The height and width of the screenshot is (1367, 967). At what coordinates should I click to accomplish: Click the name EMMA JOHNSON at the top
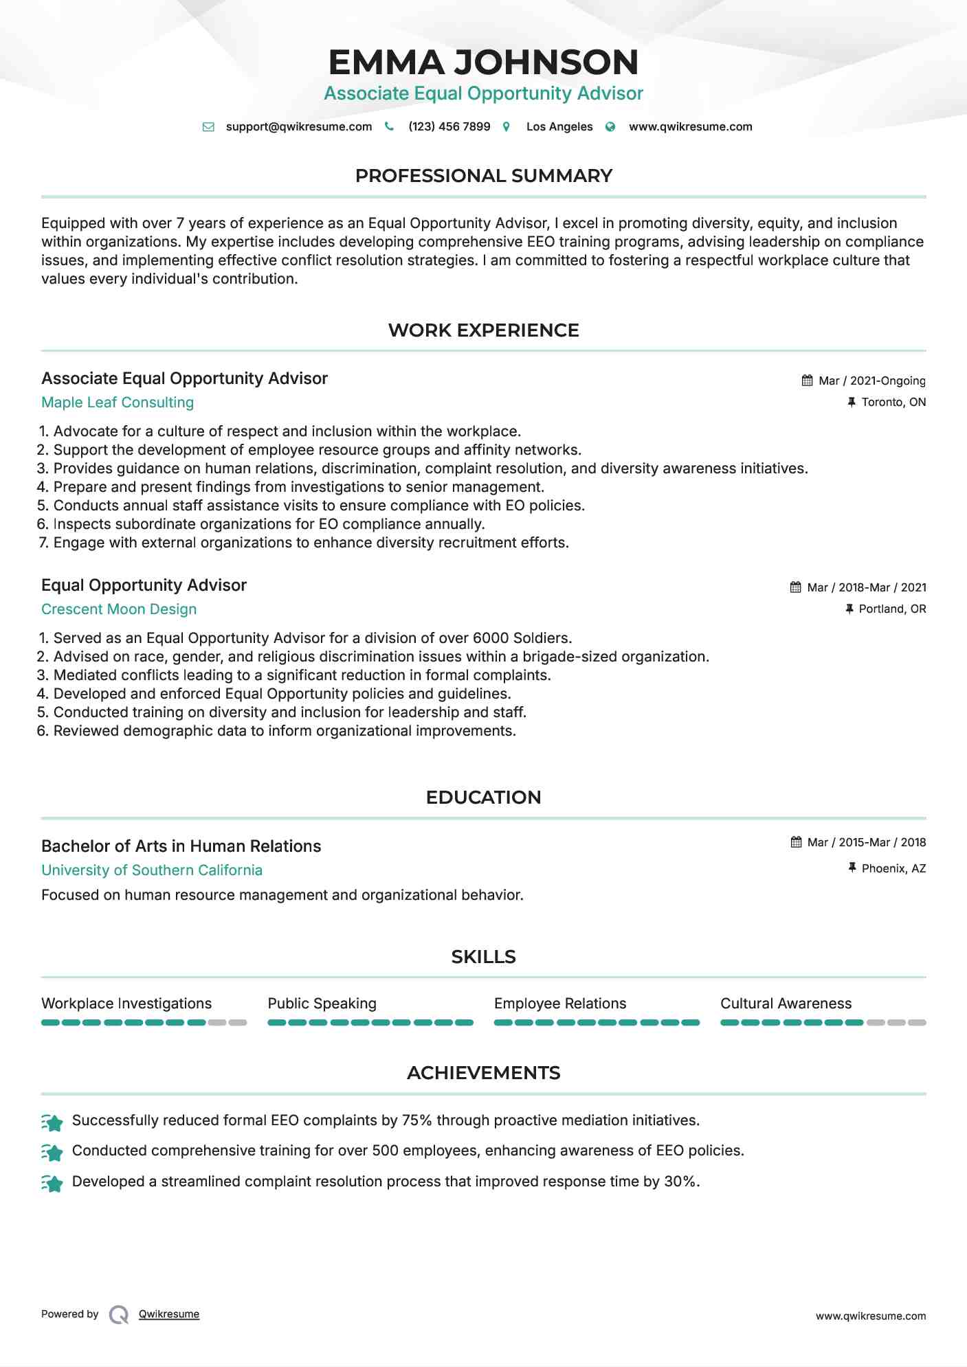point(483,62)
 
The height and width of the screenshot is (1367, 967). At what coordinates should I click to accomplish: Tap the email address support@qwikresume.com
point(298,126)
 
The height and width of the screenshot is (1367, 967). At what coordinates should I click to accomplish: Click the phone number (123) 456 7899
point(449,126)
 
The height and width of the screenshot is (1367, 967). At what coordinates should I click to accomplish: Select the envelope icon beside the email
point(208,126)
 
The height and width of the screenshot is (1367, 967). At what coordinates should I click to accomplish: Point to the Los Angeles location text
point(559,126)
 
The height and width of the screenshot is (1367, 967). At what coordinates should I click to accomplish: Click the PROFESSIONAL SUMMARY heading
point(483,176)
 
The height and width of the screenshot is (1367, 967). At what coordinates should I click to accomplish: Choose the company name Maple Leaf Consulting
point(118,403)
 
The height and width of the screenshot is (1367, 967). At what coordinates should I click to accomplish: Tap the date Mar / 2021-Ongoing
point(871,381)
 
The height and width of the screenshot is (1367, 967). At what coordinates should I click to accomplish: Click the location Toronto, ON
point(893,402)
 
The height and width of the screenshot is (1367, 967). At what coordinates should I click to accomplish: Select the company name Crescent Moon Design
point(119,609)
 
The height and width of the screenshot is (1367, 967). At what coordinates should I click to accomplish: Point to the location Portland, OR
point(892,609)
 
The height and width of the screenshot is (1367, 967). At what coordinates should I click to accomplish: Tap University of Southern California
point(152,870)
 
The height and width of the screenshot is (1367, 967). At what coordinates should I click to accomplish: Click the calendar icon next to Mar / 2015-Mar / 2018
point(796,842)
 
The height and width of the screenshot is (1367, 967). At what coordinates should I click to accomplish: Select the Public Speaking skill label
point(322,1004)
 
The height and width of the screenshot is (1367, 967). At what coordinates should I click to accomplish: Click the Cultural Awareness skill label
point(786,1004)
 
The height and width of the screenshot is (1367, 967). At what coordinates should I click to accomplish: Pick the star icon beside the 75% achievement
point(52,1122)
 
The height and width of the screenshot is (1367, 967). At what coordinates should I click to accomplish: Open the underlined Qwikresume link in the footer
point(169,1314)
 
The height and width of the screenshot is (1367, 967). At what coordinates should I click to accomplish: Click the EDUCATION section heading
point(483,798)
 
